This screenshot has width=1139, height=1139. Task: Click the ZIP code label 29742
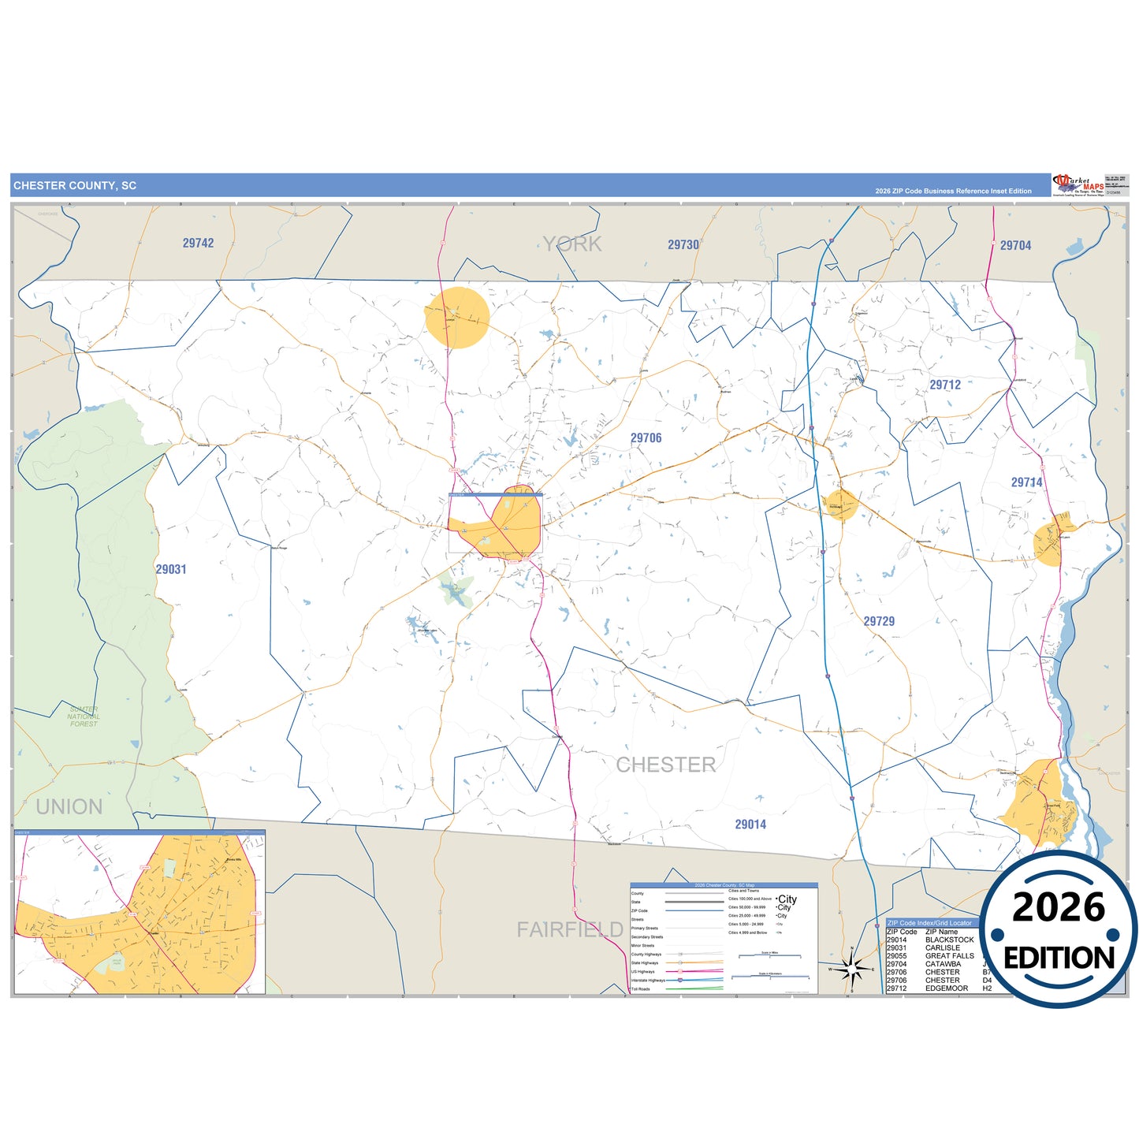(198, 244)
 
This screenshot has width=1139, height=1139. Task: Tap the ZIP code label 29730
(683, 245)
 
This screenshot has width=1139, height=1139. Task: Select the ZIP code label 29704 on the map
(1015, 246)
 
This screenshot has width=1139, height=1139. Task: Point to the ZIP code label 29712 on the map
(945, 385)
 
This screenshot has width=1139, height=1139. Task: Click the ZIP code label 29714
(1026, 482)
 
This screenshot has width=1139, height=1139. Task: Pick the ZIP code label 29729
(879, 621)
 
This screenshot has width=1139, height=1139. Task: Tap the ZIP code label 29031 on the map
(170, 569)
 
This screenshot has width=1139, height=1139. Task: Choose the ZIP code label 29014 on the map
(750, 824)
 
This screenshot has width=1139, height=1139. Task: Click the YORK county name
(573, 244)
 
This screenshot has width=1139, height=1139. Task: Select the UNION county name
(69, 807)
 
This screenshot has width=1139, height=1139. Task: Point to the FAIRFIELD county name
(570, 930)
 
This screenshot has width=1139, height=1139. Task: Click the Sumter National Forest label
(84, 717)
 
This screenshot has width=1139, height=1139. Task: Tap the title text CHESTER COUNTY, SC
(75, 186)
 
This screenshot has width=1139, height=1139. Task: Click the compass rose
(851, 969)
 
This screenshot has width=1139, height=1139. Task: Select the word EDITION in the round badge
(1059, 958)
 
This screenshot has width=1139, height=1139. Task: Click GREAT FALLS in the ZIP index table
(949, 956)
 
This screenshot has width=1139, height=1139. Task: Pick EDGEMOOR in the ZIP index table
(947, 988)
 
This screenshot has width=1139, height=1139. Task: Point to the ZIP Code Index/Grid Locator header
(929, 923)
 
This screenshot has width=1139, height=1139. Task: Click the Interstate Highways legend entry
(648, 981)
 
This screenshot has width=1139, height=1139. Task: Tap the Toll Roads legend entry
(641, 989)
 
